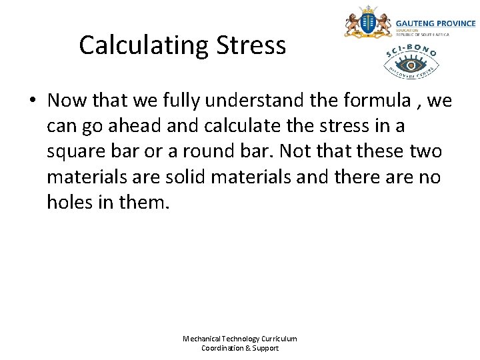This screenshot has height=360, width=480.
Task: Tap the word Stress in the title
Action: [x=251, y=45]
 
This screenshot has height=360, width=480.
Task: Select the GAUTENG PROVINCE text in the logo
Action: [x=435, y=23]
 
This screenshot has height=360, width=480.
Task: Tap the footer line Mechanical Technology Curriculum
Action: [x=240, y=339]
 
